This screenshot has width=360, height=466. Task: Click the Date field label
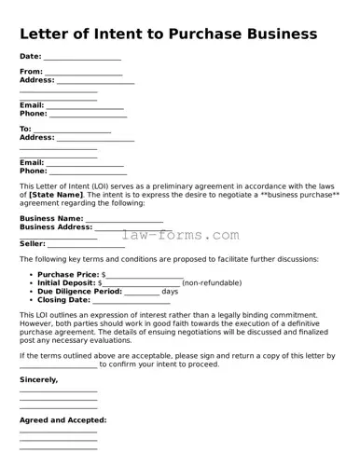point(31,57)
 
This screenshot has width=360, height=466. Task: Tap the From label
point(31,72)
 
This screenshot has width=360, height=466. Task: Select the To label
point(25,129)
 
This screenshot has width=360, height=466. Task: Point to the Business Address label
point(56,227)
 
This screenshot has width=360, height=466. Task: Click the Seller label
point(33,243)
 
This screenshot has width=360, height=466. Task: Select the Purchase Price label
point(68,275)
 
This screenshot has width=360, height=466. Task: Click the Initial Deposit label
point(68,283)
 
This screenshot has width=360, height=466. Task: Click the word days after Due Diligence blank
point(170,292)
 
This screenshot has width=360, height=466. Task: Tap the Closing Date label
point(63,300)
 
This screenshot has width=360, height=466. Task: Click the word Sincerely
point(38,380)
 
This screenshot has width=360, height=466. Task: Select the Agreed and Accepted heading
point(62,420)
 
